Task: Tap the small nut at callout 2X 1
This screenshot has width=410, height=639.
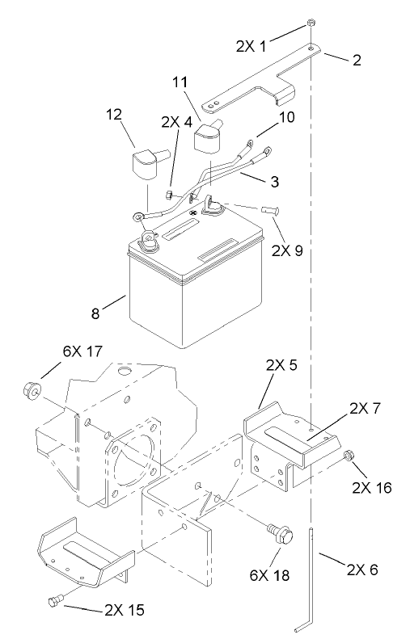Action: coord(311,24)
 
